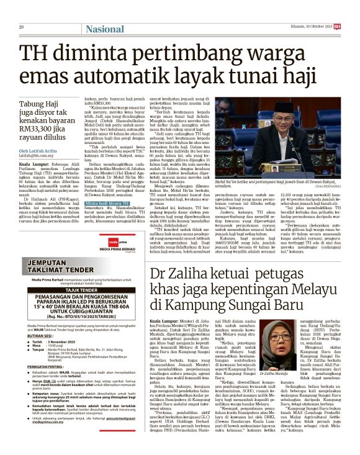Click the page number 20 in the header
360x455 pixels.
tap(22, 27)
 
